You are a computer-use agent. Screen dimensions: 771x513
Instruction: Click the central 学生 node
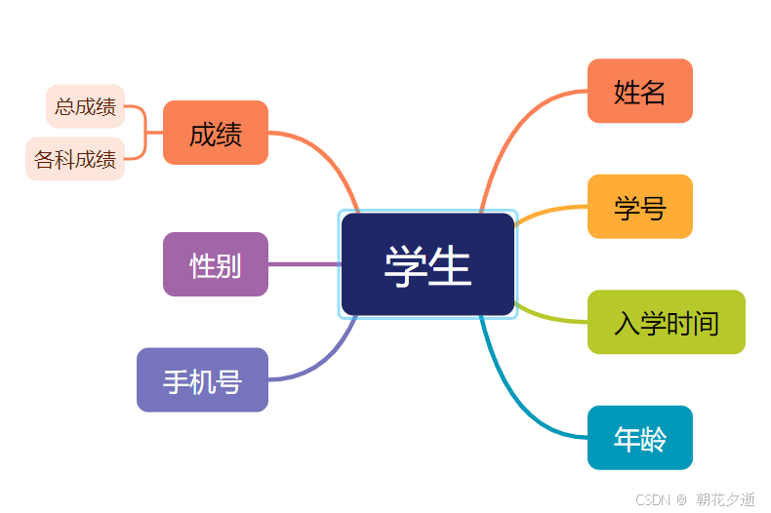tap(427, 264)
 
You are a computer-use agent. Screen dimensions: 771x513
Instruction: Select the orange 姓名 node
tap(639, 92)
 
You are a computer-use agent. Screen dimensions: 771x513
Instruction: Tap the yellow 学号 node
tap(639, 207)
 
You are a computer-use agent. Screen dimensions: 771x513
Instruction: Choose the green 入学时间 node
tap(666, 322)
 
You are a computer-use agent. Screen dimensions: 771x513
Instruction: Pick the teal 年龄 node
tap(639, 438)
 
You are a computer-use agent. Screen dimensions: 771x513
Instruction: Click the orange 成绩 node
tap(215, 133)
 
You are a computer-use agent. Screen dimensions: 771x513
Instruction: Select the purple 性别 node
tap(215, 264)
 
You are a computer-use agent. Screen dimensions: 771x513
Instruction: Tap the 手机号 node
tap(202, 380)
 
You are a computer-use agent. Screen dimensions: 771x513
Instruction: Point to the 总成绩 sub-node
tap(85, 106)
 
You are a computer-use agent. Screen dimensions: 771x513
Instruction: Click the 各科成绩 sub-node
tap(75, 160)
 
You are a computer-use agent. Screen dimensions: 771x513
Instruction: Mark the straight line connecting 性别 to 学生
tap(304, 264)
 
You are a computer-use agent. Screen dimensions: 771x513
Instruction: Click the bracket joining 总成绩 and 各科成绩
tap(145, 133)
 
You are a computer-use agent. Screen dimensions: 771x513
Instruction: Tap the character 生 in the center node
tap(450, 265)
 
